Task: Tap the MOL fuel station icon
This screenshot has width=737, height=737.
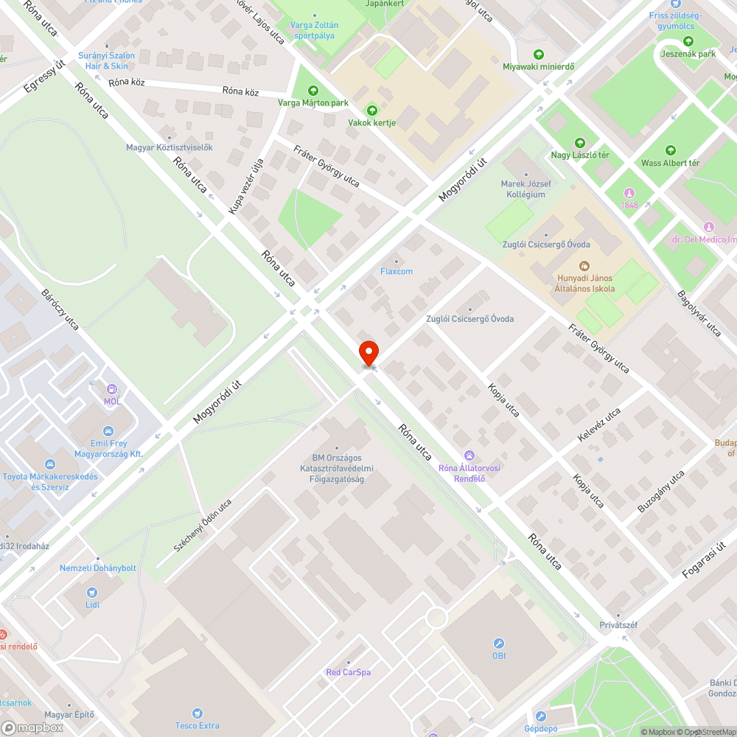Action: click(112, 388)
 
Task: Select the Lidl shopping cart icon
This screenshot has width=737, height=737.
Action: click(92, 592)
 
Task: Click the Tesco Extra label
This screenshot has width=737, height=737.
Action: click(197, 725)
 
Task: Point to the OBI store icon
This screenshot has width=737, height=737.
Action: click(499, 643)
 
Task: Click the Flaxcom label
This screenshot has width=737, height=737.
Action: click(397, 271)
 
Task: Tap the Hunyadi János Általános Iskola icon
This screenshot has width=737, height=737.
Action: click(584, 265)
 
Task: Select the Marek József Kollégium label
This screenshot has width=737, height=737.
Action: click(523, 189)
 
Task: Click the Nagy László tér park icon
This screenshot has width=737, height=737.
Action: click(580, 143)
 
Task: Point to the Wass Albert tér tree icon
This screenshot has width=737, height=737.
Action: click(670, 150)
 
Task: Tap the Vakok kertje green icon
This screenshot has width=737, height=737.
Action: click(371, 110)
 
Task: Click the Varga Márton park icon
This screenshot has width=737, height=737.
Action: click(313, 91)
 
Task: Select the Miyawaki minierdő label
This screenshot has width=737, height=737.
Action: click(538, 66)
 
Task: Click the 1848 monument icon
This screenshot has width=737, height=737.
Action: click(629, 192)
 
